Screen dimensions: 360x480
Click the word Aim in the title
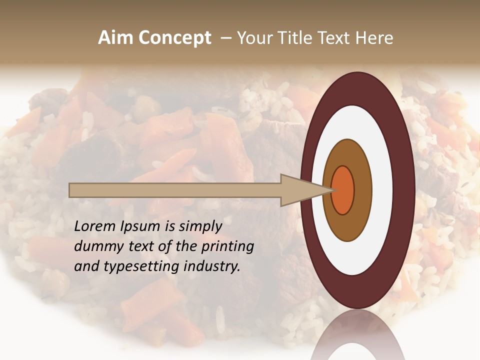coord(115,38)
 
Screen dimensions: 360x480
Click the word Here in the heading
coord(375,38)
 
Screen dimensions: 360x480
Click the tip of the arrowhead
coord(331,190)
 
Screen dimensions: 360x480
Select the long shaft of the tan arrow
coord(175,190)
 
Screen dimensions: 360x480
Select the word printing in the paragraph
coord(229,247)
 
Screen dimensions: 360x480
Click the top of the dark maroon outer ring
coord(357,87)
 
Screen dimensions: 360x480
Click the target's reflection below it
coord(357,340)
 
